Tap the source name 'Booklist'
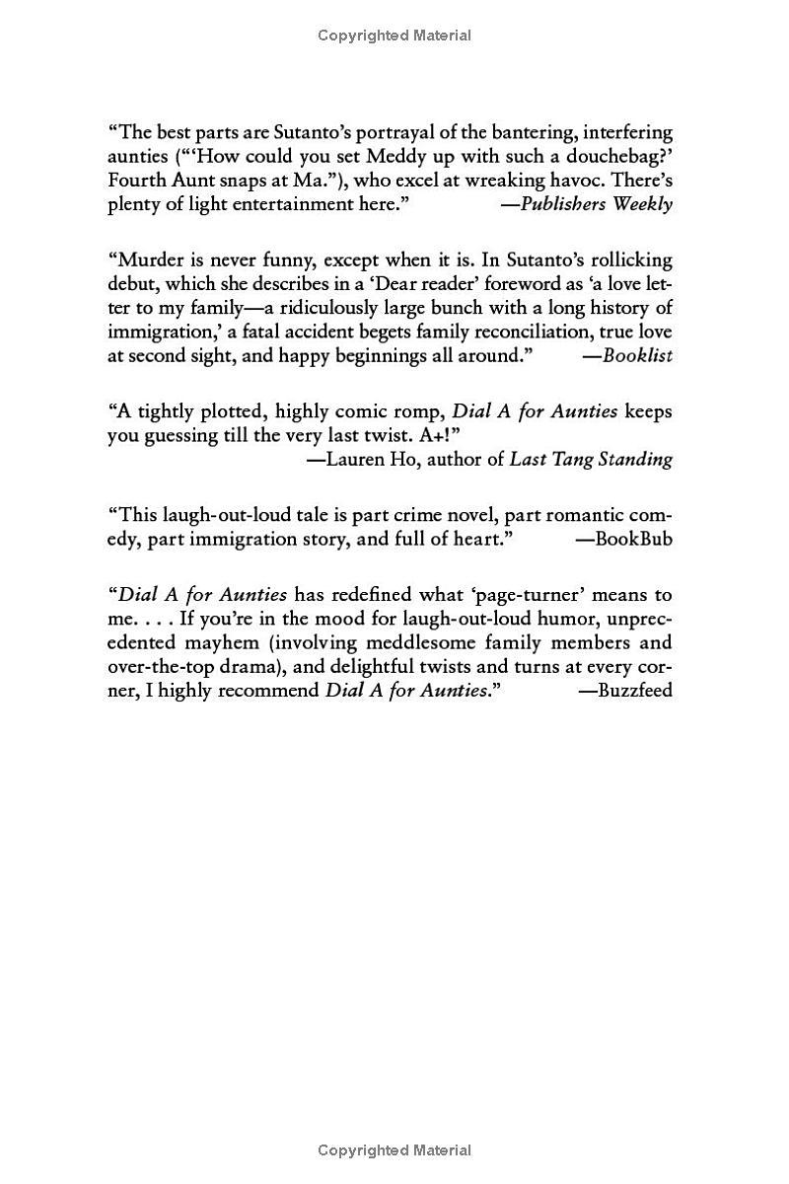point(637,356)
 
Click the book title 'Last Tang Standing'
point(591,459)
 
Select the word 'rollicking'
point(629,260)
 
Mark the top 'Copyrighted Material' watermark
point(394,36)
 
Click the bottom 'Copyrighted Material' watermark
point(394,1150)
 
